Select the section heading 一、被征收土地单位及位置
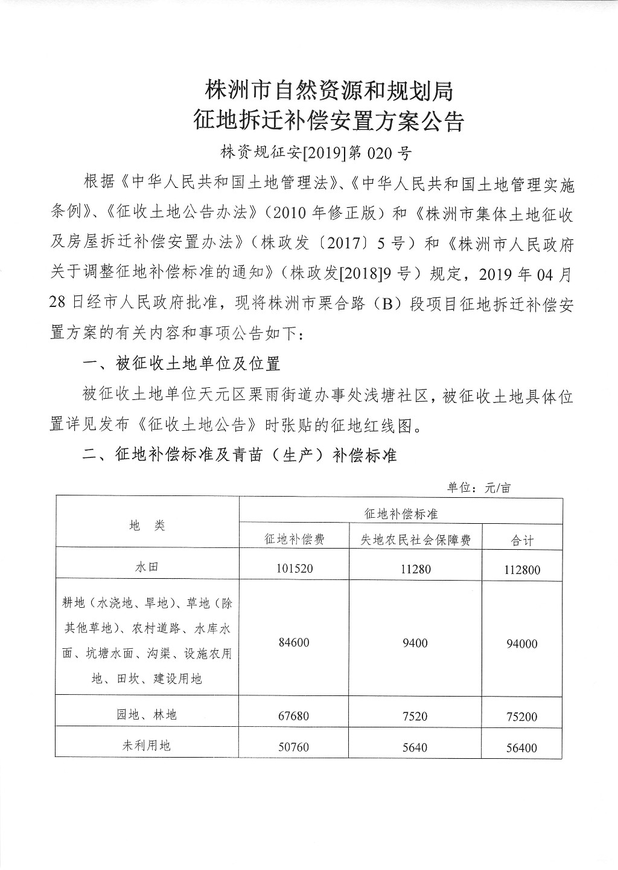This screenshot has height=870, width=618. click(181, 363)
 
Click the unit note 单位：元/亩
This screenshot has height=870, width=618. click(479, 488)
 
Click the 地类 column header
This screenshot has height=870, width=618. click(147, 526)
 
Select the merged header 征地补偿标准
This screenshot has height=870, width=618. click(401, 514)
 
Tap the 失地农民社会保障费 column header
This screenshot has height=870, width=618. click(415, 540)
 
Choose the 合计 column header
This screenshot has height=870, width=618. click(522, 540)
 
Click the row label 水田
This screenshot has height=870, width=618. click(147, 568)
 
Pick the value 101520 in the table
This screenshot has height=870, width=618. click(294, 569)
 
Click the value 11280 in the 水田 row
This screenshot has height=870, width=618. click(415, 569)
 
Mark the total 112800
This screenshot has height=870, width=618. click(522, 569)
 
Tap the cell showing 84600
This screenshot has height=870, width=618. click(294, 643)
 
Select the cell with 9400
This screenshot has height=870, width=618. click(415, 643)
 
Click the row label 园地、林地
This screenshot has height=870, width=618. click(147, 715)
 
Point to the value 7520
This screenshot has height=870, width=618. click(415, 716)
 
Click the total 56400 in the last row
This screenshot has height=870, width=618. click(522, 748)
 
